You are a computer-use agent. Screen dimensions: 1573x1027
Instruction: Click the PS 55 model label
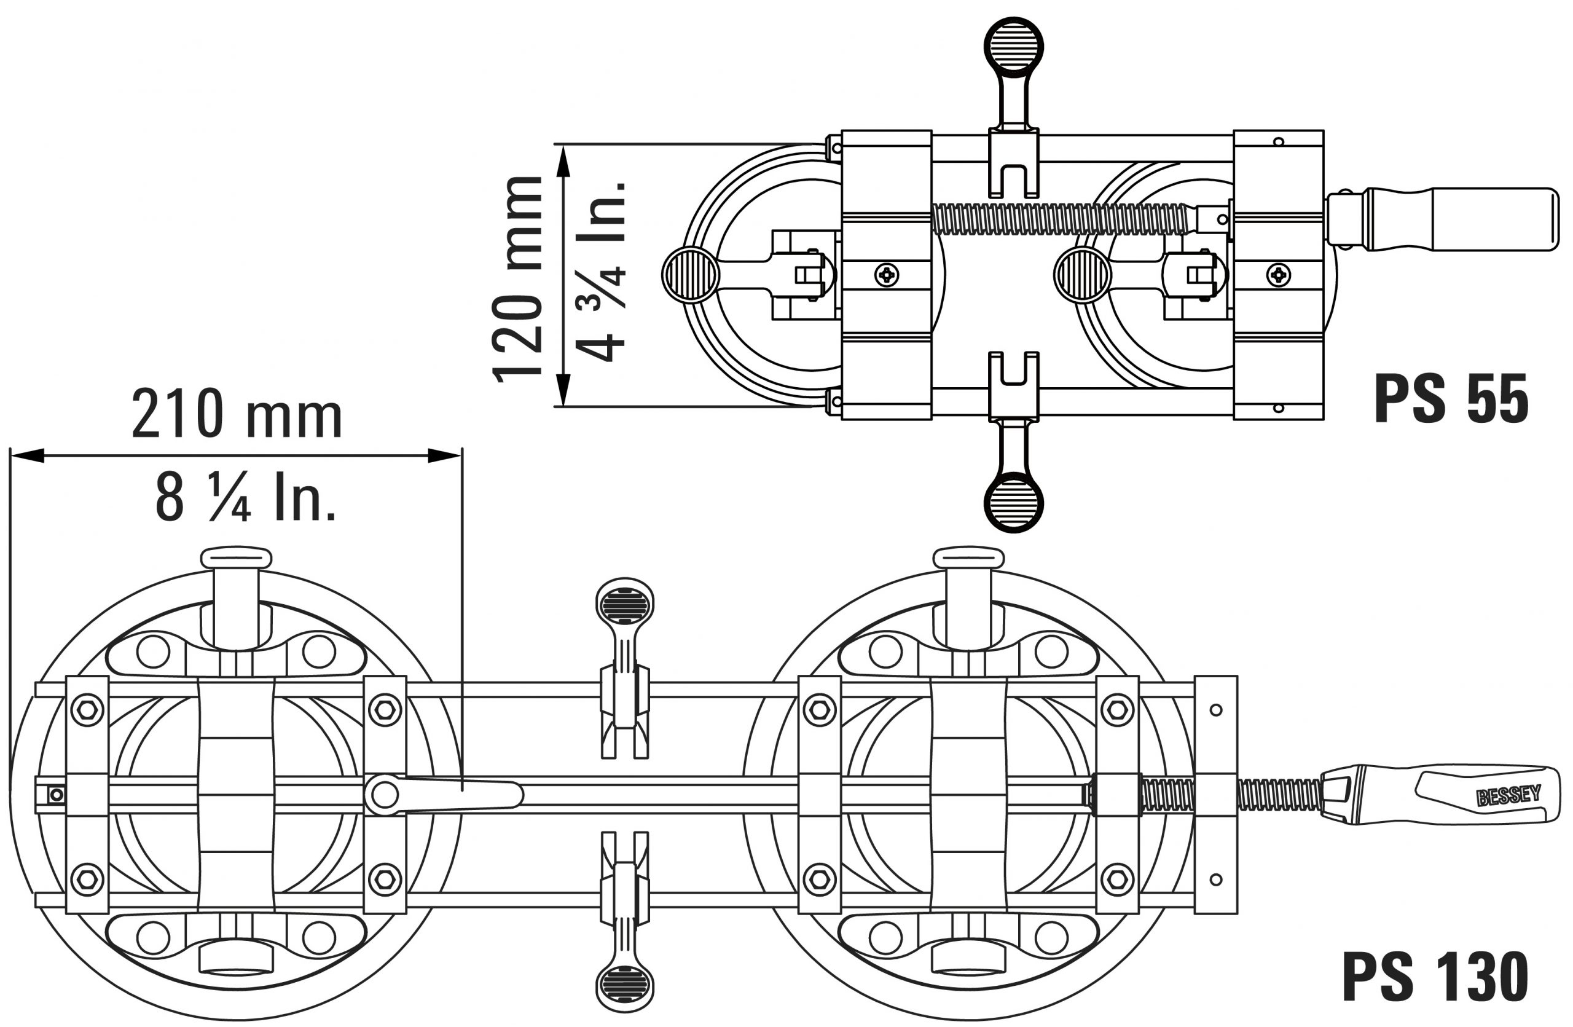coord(1451,398)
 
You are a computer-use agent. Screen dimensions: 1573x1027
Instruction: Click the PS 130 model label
coord(1435,977)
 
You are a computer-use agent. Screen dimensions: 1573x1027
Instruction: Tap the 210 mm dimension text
coord(237,414)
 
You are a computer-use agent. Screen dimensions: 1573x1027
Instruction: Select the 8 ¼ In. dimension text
coord(245,497)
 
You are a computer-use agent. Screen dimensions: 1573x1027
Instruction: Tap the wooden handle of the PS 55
coord(1462,219)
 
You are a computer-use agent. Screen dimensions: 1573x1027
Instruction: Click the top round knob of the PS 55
coord(1014,46)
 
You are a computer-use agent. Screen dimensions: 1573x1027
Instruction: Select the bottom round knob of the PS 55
coord(1014,502)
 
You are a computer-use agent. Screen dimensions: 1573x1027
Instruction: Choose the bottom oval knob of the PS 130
coord(624,986)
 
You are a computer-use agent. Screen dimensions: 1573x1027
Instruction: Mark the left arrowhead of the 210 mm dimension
coord(27,455)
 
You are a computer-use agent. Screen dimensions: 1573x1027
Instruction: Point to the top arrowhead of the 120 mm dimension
coord(563,161)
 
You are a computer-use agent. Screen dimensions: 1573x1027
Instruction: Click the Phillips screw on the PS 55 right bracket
coord(1279,274)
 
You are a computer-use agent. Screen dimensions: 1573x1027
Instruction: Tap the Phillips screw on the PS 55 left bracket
coord(886,274)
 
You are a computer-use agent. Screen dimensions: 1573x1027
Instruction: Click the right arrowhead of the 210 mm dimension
coord(445,455)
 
